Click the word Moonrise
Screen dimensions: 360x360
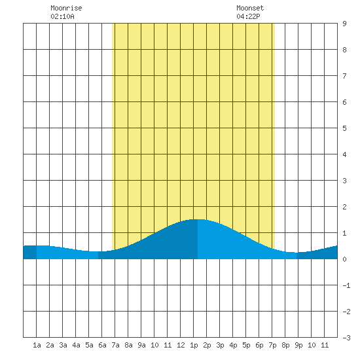[66, 8]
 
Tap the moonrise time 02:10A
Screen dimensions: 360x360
[62, 16]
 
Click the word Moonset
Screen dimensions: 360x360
[250, 8]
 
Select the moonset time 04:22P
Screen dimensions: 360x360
[248, 16]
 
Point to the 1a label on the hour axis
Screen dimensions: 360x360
[37, 345]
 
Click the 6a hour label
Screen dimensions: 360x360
[102, 345]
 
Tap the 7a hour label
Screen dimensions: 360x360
[115, 345]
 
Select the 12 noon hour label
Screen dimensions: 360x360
[181, 345]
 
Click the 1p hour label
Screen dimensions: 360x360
[194, 346]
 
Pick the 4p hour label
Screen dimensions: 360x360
[233, 346]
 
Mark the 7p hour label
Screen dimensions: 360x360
[272, 346]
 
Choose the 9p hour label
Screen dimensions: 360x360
[298, 346]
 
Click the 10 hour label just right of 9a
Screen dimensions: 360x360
[154, 345]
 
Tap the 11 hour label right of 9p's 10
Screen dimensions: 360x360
[325, 345]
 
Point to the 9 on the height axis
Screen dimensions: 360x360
[344, 24]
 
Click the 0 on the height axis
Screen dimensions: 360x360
[344, 259]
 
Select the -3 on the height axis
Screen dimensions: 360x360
[346, 338]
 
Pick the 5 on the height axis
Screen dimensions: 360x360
[344, 128]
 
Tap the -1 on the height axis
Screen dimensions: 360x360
[346, 285]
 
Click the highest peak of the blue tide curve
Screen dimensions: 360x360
[198, 219]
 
